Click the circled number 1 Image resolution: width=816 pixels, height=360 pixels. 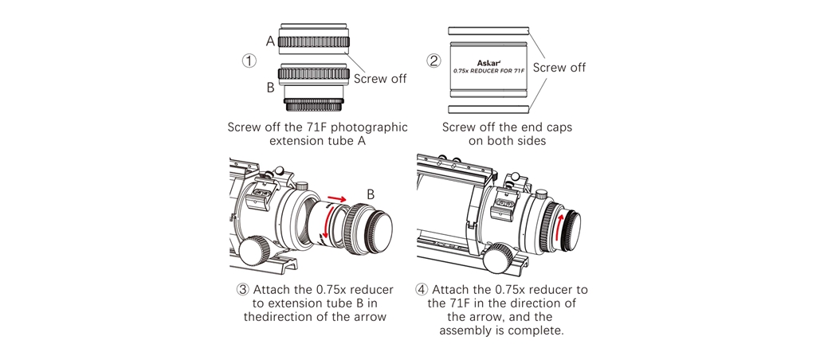[x=249, y=61]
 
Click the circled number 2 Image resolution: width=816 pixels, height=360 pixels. [x=434, y=61]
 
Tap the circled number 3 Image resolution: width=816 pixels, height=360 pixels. [x=242, y=290]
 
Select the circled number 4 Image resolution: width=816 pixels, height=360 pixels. [x=422, y=290]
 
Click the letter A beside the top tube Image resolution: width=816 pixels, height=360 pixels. [x=270, y=41]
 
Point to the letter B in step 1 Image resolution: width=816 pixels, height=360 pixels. [x=270, y=88]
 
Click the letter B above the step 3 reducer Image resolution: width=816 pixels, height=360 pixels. [x=371, y=194]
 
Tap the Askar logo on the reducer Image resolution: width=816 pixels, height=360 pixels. [x=487, y=63]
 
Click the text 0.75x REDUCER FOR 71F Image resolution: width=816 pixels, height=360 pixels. [x=488, y=71]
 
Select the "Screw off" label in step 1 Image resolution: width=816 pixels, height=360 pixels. [x=380, y=79]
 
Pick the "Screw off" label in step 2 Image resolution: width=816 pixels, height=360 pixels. [x=559, y=67]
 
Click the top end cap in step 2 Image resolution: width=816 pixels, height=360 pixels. [x=488, y=31]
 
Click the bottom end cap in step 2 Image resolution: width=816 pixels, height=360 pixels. [x=488, y=109]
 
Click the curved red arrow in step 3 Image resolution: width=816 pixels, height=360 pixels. [x=326, y=225]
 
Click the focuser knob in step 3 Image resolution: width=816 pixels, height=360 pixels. [x=256, y=248]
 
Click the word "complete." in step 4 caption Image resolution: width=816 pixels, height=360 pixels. [x=538, y=331]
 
